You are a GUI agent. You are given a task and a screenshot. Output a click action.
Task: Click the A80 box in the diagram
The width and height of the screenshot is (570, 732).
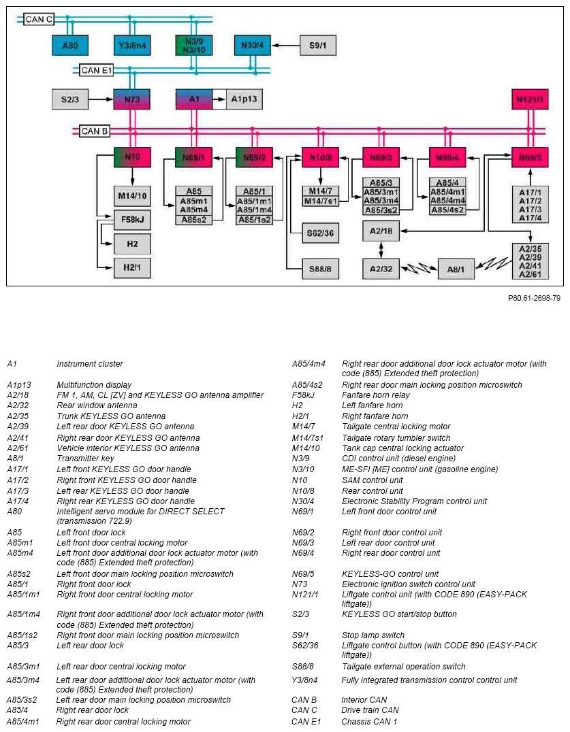click(x=70, y=46)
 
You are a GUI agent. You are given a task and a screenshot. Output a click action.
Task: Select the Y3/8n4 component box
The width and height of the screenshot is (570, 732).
click(x=132, y=46)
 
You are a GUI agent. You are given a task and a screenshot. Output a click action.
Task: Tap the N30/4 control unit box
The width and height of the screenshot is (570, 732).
click(x=252, y=46)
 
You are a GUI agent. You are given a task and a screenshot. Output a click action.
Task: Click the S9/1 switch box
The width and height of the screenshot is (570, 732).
click(x=318, y=46)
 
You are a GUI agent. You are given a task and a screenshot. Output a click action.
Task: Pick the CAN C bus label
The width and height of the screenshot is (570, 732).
click(x=39, y=19)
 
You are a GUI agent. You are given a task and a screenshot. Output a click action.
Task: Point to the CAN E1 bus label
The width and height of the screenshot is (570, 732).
click(x=96, y=71)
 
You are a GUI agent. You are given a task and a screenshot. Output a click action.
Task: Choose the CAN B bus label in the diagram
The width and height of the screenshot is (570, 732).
click(x=95, y=131)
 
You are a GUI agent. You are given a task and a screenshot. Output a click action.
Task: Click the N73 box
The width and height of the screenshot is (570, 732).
click(x=132, y=99)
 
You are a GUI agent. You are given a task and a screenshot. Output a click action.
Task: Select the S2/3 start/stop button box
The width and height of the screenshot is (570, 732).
click(x=70, y=99)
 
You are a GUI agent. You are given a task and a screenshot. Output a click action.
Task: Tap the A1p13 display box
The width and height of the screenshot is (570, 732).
click(x=244, y=99)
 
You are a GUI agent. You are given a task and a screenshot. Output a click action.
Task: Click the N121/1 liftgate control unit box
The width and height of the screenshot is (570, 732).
click(x=530, y=99)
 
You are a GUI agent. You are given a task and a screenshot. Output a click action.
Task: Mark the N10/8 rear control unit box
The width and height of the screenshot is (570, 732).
click(x=321, y=157)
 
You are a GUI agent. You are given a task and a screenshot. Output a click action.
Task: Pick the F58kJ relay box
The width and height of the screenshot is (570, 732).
click(x=132, y=220)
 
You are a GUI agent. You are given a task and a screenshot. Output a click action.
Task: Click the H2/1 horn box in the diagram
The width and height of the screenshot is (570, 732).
click(x=132, y=267)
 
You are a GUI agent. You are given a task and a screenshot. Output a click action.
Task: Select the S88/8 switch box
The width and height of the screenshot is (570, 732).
click(x=321, y=269)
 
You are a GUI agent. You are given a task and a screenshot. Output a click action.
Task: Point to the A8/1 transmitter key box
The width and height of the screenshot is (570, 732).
click(x=456, y=269)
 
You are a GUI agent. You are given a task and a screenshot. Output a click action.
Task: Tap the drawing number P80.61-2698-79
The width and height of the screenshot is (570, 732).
click(x=534, y=298)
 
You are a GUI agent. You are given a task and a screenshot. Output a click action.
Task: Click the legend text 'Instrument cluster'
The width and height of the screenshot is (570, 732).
click(x=90, y=364)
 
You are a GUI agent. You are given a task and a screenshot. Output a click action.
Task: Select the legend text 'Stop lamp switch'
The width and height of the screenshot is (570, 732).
click(x=373, y=635)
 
